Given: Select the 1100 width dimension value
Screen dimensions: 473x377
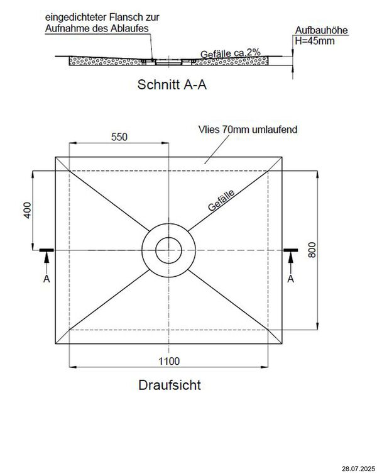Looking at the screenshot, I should (170, 360).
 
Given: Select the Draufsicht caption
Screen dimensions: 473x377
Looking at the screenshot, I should (170, 385).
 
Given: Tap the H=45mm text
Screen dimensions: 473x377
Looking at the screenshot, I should (315, 41).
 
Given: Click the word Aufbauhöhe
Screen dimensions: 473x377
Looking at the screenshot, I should (321, 30).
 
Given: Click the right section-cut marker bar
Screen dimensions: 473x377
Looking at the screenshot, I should (291, 250).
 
